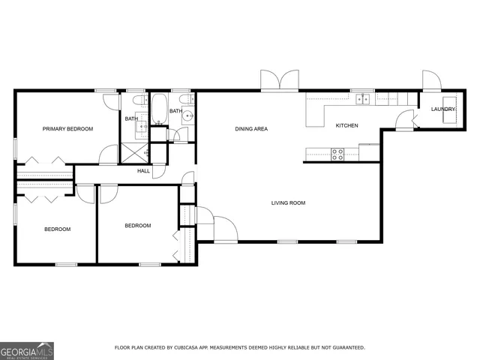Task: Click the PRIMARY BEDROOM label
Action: pyautogui.click(x=67, y=129)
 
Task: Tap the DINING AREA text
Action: pyautogui.click(x=251, y=129)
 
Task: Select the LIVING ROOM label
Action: pyautogui.click(x=288, y=202)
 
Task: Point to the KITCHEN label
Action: pyautogui.click(x=346, y=125)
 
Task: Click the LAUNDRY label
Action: pyautogui.click(x=442, y=109)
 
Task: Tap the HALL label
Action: pyautogui.click(x=143, y=171)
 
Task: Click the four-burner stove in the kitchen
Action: pyautogui.click(x=337, y=154)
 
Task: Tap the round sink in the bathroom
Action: pyautogui.click(x=188, y=116)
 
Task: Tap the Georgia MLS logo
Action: pyautogui.click(x=27, y=351)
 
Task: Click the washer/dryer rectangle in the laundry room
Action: pyautogui.click(x=449, y=103)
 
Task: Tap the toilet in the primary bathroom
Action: pyautogui.click(x=137, y=101)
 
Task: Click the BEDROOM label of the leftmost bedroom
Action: pyautogui.click(x=57, y=229)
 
